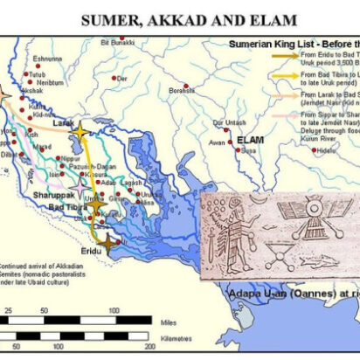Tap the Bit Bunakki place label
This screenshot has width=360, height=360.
point(116,41)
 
